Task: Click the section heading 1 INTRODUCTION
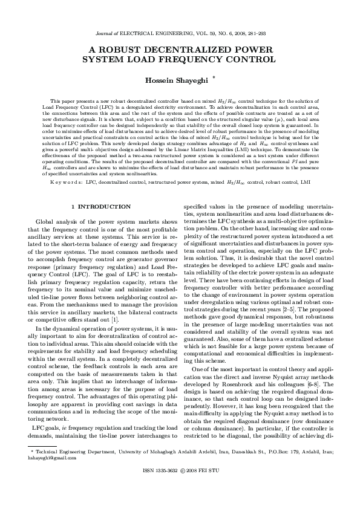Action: click(101, 207)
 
